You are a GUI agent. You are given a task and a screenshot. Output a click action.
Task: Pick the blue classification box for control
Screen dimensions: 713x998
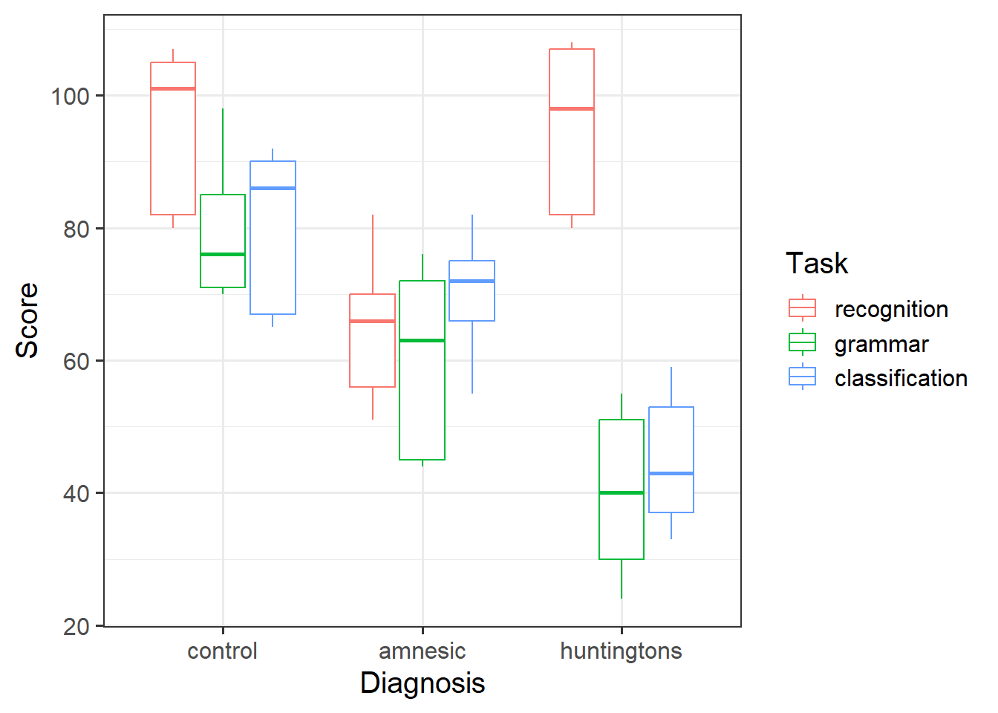click(273, 238)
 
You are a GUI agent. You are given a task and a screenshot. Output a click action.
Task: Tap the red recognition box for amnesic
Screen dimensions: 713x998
click(372, 341)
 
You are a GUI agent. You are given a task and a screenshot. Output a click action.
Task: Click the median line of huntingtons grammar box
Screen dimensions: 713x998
click(622, 492)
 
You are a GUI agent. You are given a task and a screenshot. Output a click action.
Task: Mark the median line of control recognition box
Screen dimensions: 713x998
click(173, 89)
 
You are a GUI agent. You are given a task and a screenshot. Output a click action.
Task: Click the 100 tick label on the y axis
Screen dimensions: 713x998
click(70, 97)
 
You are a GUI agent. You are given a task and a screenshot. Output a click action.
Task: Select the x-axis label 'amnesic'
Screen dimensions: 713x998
click(422, 651)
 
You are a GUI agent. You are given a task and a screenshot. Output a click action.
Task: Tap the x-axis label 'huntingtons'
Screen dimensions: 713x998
click(621, 651)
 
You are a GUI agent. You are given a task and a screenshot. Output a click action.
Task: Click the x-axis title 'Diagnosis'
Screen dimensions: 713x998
click(422, 683)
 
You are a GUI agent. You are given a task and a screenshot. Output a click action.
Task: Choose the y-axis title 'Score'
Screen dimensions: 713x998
click(27, 320)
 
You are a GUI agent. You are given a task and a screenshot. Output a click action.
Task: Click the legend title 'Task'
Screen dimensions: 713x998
click(816, 264)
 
